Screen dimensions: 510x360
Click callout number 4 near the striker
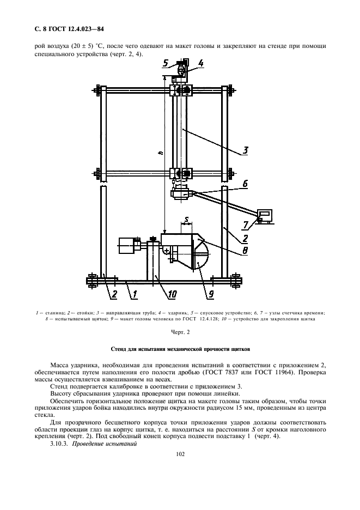(x=200, y=63)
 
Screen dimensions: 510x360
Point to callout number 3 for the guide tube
(x=246, y=150)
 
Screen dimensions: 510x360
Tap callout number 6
(x=245, y=184)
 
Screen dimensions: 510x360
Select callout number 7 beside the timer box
(x=246, y=224)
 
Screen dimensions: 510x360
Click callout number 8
(x=246, y=251)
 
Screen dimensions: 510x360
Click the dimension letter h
(x=160, y=154)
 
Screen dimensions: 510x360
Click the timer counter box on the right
(x=265, y=215)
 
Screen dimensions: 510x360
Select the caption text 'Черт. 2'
(x=180, y=332)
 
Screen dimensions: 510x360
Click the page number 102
(x=180, y=454)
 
